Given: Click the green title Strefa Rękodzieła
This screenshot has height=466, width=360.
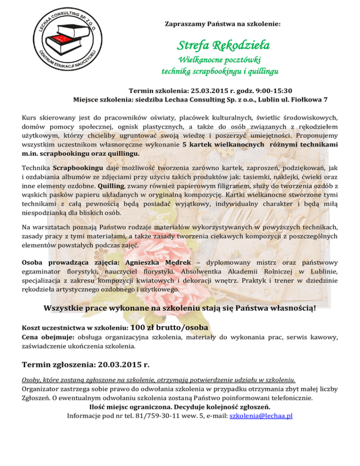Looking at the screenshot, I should (222, 45).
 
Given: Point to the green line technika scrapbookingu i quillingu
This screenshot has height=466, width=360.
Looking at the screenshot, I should (220, 72).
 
